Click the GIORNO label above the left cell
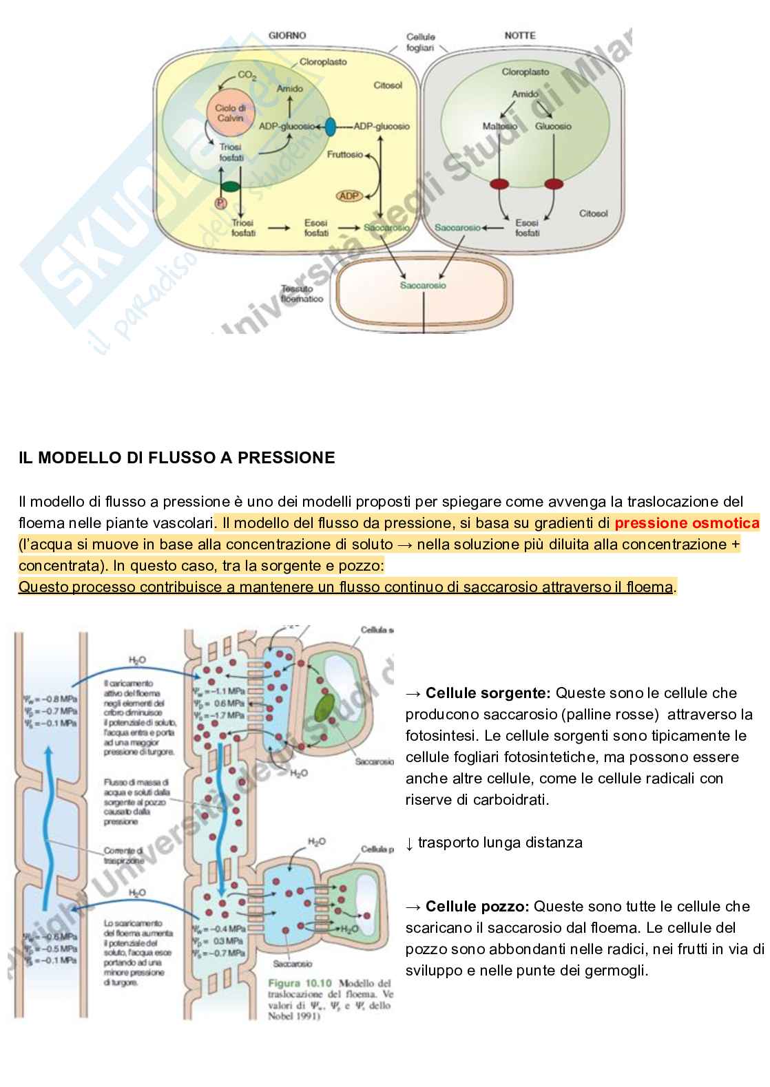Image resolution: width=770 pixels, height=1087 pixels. pyautogui.click(x=287, y=35)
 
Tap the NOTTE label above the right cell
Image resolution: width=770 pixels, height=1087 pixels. pyautogui.click(x=519, y=35)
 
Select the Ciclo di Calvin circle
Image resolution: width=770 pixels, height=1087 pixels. pyautogui.click(x=230, y=112)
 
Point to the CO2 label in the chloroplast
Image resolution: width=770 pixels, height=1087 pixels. pyautogui.click(x=247, y=76)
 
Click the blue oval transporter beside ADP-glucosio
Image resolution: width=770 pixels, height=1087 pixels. pyautogui.click(x=330, y=127)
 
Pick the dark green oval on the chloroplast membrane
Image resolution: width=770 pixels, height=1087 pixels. pyautogui.click(x=230, y=186)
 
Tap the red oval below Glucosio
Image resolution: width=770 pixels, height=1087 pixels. pyautogui.click(x=554, y=184)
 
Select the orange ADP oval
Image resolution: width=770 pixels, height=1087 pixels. pyautogui.click(x=349, y=196)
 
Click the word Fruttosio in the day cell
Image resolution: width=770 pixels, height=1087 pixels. pyautogui.click(x=344, y=154)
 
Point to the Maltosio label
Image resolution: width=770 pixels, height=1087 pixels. pyautogui.click(x=499, y=126)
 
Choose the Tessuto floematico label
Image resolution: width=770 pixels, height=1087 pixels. pyautogui.click(x=302, y=294)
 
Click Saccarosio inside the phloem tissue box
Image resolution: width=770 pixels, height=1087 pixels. pyautogui.click(x=423, y=285)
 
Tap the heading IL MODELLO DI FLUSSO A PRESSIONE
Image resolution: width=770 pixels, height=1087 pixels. pyautogui.click(x=177, y=458)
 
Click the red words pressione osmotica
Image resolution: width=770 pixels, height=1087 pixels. pyautogui.click(x=687, y=523)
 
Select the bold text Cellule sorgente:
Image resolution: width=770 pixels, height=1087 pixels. pyautogui.click(x=488, y=693)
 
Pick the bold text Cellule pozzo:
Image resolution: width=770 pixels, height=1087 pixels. pyautogui.click(x=477, y=906)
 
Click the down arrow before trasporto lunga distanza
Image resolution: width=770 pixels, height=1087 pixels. pyautogui.click(x=409, y=843)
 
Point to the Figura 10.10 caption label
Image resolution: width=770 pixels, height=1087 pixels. pyautogui.click(x=300, y=983)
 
